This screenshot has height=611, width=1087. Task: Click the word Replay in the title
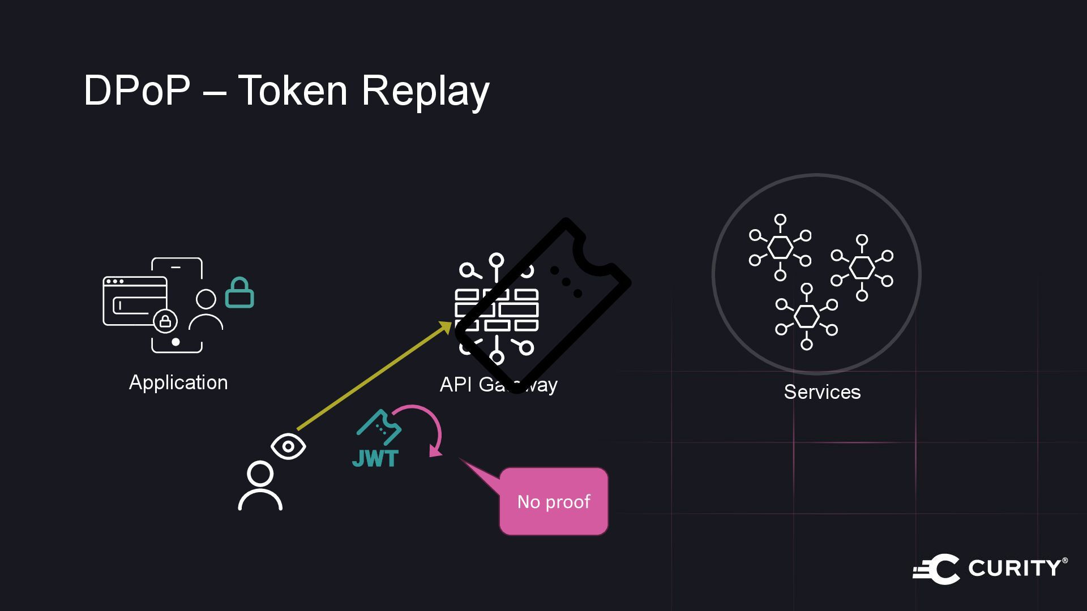coord(425,92)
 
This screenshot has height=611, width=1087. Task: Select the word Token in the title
coord(292,91)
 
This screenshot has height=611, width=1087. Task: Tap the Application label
coord(178,382)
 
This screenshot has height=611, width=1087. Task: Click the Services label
coord(822,392)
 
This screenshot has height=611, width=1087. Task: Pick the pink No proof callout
coord(553,501)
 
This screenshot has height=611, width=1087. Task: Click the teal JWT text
coord(375,458)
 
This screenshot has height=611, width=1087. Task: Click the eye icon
coord(288,446)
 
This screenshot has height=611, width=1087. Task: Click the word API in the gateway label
coord(456,385)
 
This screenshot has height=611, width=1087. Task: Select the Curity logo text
coord(1016,568)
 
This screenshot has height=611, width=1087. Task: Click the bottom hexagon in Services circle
coord(807,316)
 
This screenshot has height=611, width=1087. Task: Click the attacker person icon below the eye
coord(260,486)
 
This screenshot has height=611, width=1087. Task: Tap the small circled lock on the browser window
coord(165,321)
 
